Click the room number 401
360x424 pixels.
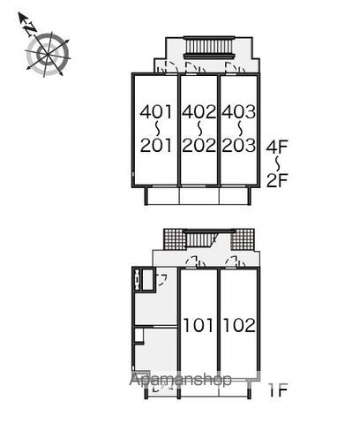click(155, 112)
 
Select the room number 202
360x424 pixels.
click(199, 146)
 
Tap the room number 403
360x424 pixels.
click(239, 112)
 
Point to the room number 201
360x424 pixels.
click(155, 146)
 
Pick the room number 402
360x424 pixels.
click(199, 112)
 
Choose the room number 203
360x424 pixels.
click(239, 146)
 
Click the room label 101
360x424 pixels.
click(198, 325)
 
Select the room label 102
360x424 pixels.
click(239, 325)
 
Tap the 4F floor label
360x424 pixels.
click(277, 148)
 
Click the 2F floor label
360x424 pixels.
click(277, 180)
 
